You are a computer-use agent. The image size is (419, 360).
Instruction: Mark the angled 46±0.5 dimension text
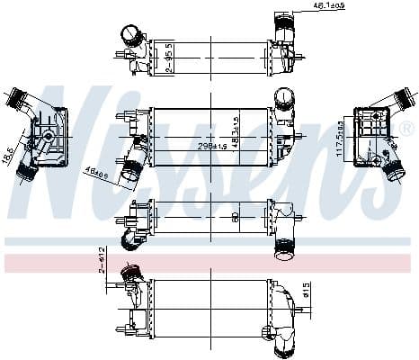pos(94,173)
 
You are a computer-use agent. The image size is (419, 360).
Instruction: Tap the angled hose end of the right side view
pos(397,171)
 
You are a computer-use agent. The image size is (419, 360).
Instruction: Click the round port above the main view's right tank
pos(282,96)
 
